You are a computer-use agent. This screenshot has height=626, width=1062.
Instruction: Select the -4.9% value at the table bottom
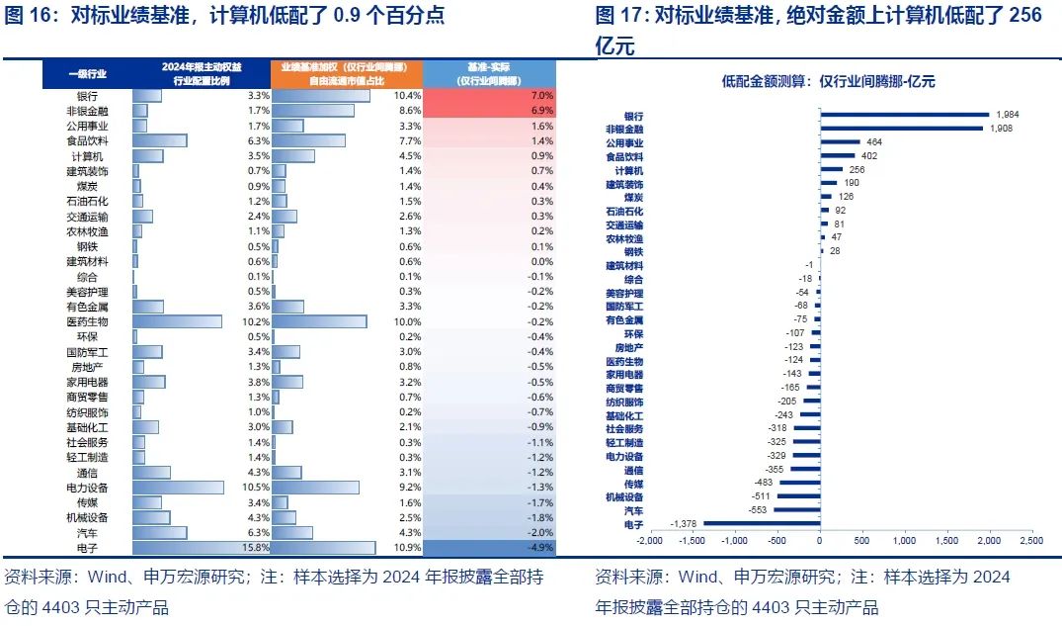tap(539, 547)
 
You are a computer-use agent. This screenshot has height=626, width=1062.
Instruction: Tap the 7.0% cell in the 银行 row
tap(541, 96)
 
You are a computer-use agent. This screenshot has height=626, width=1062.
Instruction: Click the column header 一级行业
tap(87, 73)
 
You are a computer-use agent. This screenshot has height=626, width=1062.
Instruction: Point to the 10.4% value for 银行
tap(407, 96)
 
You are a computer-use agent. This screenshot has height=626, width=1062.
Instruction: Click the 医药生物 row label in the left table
tap(87, 321)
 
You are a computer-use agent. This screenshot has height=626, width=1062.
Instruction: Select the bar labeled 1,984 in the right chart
tap(904, 115)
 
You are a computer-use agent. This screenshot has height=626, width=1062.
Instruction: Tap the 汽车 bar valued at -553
tap(796, 509)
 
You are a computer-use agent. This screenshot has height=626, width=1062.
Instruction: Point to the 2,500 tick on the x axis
tap(1031, 541)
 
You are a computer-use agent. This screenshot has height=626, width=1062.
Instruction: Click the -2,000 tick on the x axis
tap(649, 541)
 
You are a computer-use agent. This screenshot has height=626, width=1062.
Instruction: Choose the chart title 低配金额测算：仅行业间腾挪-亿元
tap(828, 82)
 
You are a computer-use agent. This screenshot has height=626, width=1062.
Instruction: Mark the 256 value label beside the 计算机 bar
tap(857, 170)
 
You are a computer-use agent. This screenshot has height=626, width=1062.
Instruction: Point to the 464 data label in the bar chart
tap(874, 142)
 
